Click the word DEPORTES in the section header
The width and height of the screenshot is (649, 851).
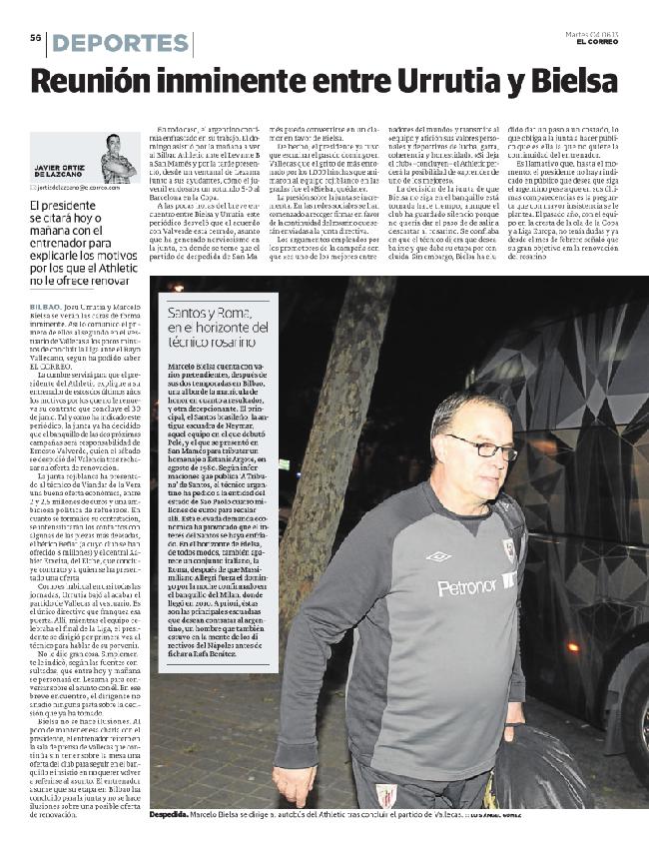pyautogui.click(x=121, y=43)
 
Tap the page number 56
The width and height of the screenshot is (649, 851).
pyautogui.click(x=34, y=38)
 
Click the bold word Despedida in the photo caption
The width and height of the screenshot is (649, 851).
pyautogui.click(x=171, y=814)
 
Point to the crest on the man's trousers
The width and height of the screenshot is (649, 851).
pyautogui.click(x=385, y=797)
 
